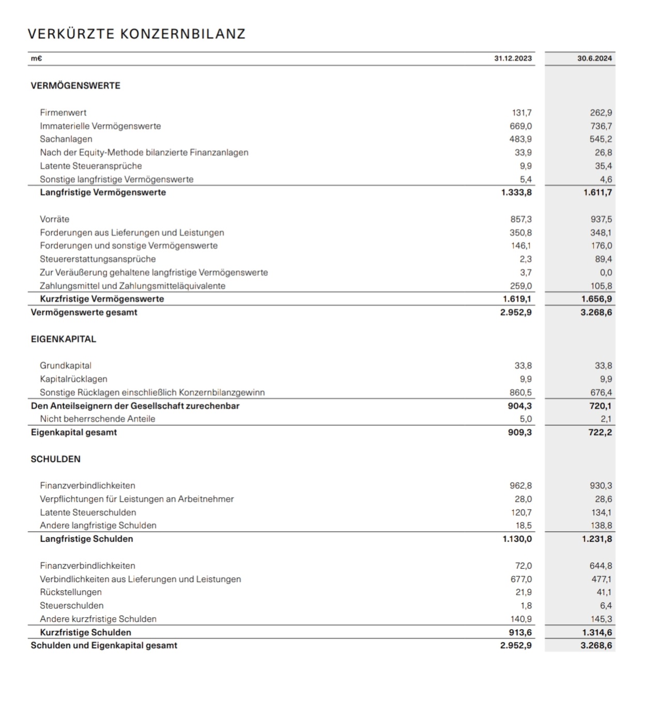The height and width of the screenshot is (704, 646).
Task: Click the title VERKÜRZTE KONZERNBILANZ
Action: [136, 34]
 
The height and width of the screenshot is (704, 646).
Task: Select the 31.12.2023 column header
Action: [513, 58]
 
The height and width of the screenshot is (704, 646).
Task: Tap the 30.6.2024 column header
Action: [594, 58]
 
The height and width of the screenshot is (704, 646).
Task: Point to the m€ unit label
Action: [36, 58]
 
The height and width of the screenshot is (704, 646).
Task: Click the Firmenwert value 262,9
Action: [601, 113]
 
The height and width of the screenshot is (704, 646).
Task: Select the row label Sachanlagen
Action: [66, 139]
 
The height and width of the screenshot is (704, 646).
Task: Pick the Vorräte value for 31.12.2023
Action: [521, 219]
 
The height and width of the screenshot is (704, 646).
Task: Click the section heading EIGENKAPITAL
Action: [64, 339]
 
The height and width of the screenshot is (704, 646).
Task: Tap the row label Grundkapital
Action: [66, 365]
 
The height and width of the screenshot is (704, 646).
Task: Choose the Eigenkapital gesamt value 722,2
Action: [601, 432]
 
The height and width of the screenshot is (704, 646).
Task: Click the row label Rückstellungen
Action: [71, 592]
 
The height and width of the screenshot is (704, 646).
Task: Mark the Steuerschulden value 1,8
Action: [526, 605]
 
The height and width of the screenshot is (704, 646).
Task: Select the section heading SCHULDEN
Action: [56, 459]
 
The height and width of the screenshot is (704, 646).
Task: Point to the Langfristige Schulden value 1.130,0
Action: [517, 539]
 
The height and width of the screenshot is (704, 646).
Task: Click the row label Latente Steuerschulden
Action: [88, 512]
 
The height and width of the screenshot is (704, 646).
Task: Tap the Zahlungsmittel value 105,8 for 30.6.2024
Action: [601, 286]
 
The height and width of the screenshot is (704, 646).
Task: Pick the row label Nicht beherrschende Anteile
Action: [98, 419]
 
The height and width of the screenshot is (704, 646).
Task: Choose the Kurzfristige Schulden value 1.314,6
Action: [596, 632]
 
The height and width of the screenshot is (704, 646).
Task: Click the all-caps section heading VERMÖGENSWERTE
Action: [75, 86]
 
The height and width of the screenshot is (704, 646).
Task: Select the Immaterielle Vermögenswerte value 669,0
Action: [520, 126]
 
